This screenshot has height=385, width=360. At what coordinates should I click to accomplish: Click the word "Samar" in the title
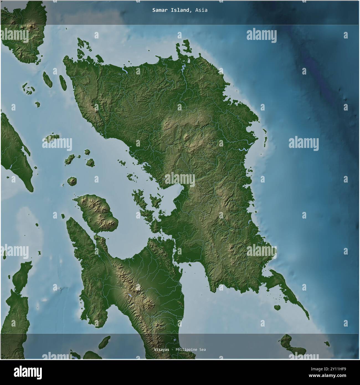click(158, 10)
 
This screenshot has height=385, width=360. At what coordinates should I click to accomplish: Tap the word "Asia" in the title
click(201, 10)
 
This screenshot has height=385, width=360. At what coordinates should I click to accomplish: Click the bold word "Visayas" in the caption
click(161, 350)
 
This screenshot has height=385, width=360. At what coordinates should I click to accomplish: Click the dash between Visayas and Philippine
click(172, 350)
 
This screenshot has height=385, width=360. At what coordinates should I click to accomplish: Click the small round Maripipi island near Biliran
click(72, 181)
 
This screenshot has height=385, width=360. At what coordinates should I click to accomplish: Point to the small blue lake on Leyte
click(130, 296)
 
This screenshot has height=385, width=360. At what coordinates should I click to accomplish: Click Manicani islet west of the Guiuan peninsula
click(277, 307)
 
